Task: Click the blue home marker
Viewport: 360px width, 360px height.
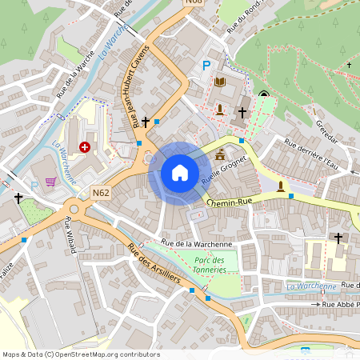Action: [x=180, y=173]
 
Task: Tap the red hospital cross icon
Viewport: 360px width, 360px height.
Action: [x=85, y=146]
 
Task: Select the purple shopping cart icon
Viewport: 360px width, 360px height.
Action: [x=51, y=182]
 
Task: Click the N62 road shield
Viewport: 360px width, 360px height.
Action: [x=100, y=193]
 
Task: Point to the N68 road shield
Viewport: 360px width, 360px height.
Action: [x=193, y=2]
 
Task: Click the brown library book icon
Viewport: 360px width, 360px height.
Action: [x=220, y=82]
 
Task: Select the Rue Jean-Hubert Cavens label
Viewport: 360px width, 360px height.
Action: [x=136, y=86]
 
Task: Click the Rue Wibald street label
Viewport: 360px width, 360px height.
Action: [x=70, y=234]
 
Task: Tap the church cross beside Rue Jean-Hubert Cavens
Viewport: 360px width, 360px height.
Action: [x=146, y=122]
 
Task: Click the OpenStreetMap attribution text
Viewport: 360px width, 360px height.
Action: [x=81, y=354]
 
